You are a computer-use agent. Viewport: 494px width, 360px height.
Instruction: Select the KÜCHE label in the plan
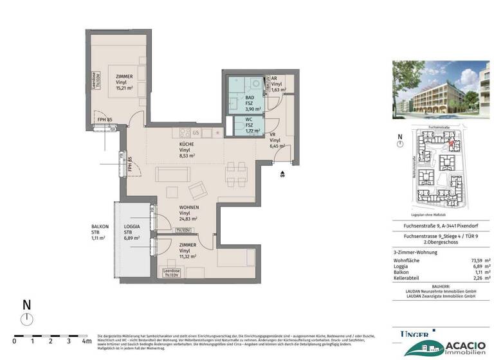[187, 144]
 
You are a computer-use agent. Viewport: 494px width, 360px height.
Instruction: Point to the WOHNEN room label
[189, 208]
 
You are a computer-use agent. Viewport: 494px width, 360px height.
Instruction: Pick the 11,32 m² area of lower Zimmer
[188, 255]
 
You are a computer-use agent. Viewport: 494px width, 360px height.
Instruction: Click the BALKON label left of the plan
[100, 227]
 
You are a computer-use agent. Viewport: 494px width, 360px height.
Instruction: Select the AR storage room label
[274, 78]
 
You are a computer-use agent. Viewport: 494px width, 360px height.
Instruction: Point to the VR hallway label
[273, 135]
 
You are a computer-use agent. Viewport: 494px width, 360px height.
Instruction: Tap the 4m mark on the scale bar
[84, 341]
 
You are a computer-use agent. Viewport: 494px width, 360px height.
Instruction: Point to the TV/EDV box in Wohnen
[184, 230]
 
